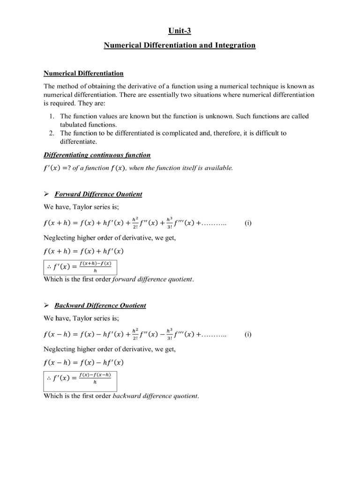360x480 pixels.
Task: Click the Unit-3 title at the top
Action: tap(180, 31)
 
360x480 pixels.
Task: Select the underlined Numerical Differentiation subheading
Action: tap(83, 73)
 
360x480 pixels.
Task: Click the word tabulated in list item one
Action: tap(75, 125)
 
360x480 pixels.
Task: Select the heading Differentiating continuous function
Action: tap(97, 155)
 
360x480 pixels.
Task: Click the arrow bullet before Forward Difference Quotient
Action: tap(46, 194)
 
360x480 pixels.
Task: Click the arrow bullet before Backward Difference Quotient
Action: tap(46, 305)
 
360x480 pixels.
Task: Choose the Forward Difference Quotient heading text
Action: tap(98, 194)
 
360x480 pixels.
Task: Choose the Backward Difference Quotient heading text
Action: tap(100, 305)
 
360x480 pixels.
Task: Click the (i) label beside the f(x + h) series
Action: tap(248, 224)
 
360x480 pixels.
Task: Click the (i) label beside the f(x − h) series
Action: tap(248, 335)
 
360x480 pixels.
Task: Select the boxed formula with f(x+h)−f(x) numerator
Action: tap(80, 267)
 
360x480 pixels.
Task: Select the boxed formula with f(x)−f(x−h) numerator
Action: tap(80, 378)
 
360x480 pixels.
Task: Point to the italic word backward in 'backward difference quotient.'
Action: tap(128, 396)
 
